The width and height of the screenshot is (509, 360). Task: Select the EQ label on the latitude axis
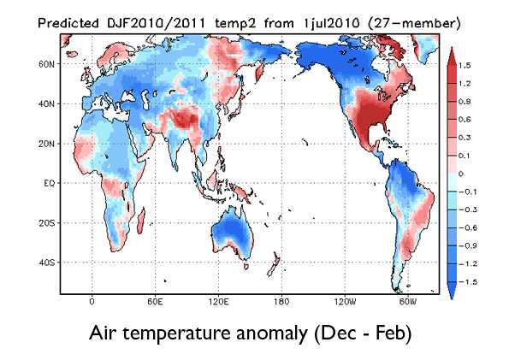click(48, 183)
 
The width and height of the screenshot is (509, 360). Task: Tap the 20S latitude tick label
click(46, 222)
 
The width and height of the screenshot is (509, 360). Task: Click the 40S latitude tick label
click(46, 262)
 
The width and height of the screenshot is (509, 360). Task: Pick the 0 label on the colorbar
click(465, 173)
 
